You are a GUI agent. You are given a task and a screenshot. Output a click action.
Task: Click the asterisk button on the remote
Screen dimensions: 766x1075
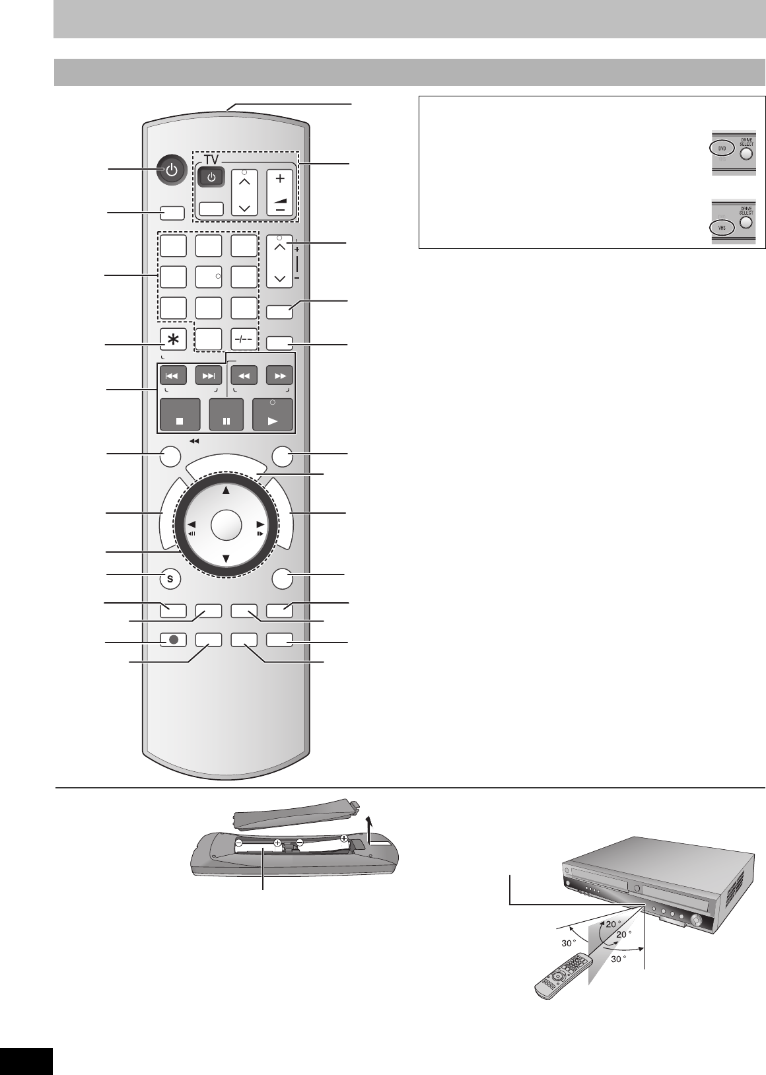coord(173,339)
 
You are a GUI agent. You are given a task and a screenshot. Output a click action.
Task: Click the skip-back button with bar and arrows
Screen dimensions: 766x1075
coord(172,376)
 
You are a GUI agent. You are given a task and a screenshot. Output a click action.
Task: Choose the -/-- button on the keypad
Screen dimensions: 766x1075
coord(244,339)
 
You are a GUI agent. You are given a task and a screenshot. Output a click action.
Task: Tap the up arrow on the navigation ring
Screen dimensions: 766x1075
coord(226,490)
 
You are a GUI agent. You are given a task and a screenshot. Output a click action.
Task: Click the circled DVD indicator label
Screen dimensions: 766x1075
coord(721,149)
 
